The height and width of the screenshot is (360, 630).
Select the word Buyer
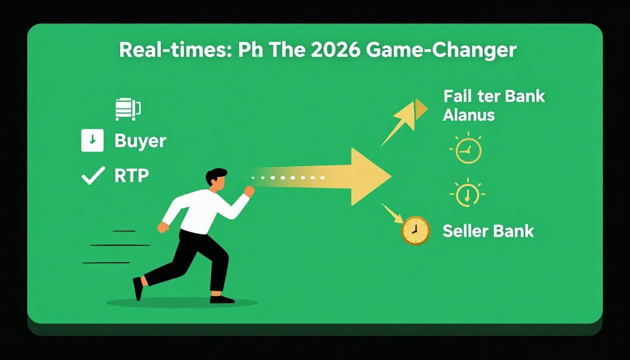[x=140, y=141]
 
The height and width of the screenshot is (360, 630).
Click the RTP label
[x=131, y=175]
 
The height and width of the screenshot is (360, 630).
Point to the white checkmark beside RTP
[x=92, y=176]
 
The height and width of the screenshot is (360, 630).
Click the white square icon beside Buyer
[x=92, y=140]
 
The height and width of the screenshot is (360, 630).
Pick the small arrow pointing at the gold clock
[x=392, y=213]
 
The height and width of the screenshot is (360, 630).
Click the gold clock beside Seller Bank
[x=415, y=231]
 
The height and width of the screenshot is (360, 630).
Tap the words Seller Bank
[x=488, y=231]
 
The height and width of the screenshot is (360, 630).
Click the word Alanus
[x=469, y=114]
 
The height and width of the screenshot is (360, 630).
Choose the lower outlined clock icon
[x=467, y=193]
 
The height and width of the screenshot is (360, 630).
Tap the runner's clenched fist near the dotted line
[x=249, y=191]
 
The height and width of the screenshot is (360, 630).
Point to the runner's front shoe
[x=222, y=299]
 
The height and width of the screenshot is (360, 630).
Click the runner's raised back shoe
[x=138, y=288]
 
